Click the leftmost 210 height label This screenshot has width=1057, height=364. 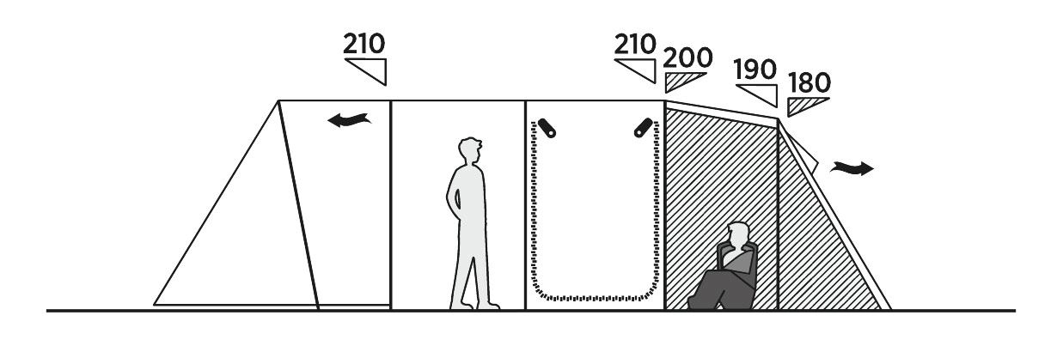(x=364, y=44)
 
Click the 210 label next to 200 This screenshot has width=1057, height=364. (x=635, y=45)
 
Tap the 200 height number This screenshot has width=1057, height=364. (x=687, y=58)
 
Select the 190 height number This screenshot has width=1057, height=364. (x=755, y=70)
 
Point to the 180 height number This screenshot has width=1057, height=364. (x=810, y=83)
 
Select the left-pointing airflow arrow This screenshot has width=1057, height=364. (x=349, y=120)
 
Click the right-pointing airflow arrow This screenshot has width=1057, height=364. (x=852, y=168)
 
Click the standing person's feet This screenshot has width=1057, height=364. (x=474, y=304)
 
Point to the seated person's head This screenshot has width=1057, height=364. (x=738, y=234)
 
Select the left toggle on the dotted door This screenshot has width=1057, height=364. (x=547, y=128)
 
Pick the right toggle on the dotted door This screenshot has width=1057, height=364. (x=644, y=128)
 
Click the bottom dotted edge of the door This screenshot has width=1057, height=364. (x=595, y=298)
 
